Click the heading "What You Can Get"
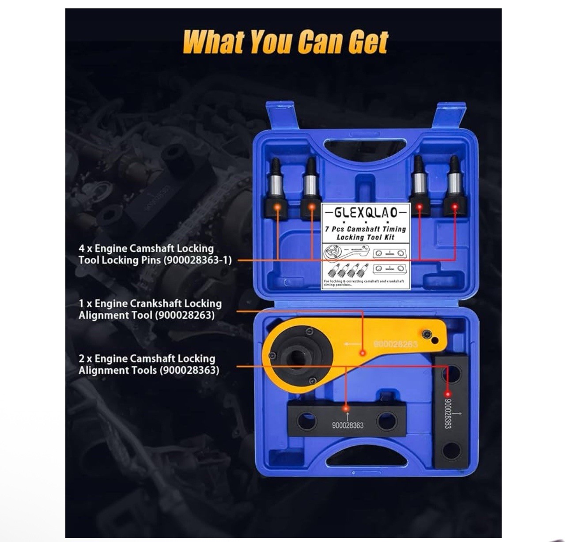tap(285, 42)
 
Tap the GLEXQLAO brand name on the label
tap(366, 212)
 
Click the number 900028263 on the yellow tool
tap(395, 344)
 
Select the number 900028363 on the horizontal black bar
tap(348, 425)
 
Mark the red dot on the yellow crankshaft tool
tap(363, 353)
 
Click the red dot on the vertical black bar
tap(447, 393)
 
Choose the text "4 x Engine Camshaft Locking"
tap(146, 248)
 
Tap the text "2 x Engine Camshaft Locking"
tap(147, 358)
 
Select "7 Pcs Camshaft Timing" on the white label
tap(365, 229)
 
